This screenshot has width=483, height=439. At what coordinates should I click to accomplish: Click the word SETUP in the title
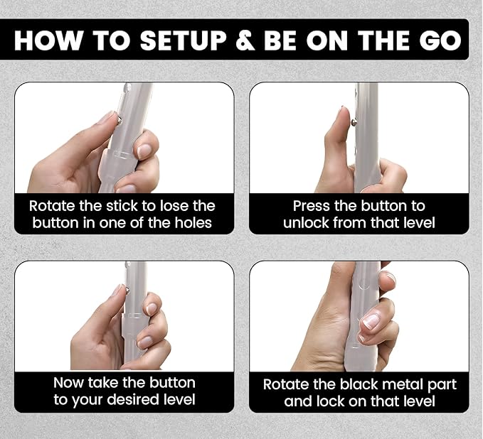184,40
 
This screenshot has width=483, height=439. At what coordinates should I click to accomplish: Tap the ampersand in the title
245,40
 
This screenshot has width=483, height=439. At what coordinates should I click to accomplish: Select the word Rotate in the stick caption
53,206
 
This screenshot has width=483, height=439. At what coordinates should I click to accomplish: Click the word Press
312,206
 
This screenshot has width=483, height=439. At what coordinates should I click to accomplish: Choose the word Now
69,383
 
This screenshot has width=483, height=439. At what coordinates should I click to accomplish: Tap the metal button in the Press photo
354,123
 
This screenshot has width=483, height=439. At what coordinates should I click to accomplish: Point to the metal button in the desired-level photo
127,289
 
